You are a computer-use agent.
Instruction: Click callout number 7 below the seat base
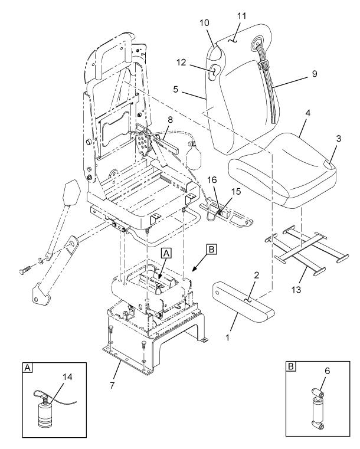pos(112,385)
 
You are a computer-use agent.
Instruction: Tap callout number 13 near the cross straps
pos(296,290)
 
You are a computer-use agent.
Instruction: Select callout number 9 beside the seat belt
pos(315,74)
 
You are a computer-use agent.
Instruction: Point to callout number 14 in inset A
pos(67,377)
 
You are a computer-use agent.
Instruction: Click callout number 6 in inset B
pos(327,371)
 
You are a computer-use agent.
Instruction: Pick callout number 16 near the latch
pos(212,180)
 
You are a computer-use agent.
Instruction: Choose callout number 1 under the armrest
pos(227,337)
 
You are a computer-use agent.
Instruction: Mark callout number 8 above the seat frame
pos(170,120)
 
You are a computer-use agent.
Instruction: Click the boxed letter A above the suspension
pos(166,254)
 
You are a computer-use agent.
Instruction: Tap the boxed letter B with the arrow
pos(211,249)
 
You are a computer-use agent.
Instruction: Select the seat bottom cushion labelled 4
pos(282,170)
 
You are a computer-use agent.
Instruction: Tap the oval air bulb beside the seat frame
pos(194,156)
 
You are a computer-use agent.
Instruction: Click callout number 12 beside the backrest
pos(181,63)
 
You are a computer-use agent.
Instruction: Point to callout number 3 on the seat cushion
pos(339,139)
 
